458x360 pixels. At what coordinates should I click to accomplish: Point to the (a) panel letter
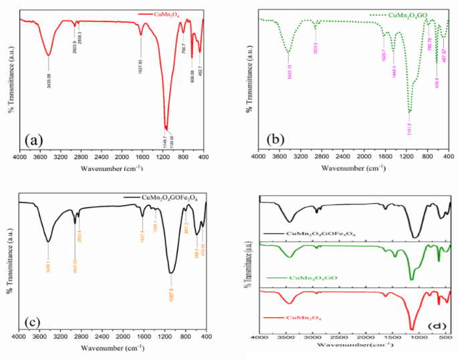point(35,140)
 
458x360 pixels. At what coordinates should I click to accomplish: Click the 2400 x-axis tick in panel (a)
point(100,158)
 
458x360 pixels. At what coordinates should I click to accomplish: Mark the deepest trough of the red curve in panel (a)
point(166,128)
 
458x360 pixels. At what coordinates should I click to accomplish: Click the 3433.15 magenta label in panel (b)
point(290,68)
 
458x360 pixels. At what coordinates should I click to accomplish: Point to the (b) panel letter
point(275,139)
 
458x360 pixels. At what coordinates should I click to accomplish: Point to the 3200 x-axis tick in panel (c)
point(59,337)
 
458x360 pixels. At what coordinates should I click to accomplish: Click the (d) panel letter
point(437,325)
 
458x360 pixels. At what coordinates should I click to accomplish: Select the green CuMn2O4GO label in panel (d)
point(304,277)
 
